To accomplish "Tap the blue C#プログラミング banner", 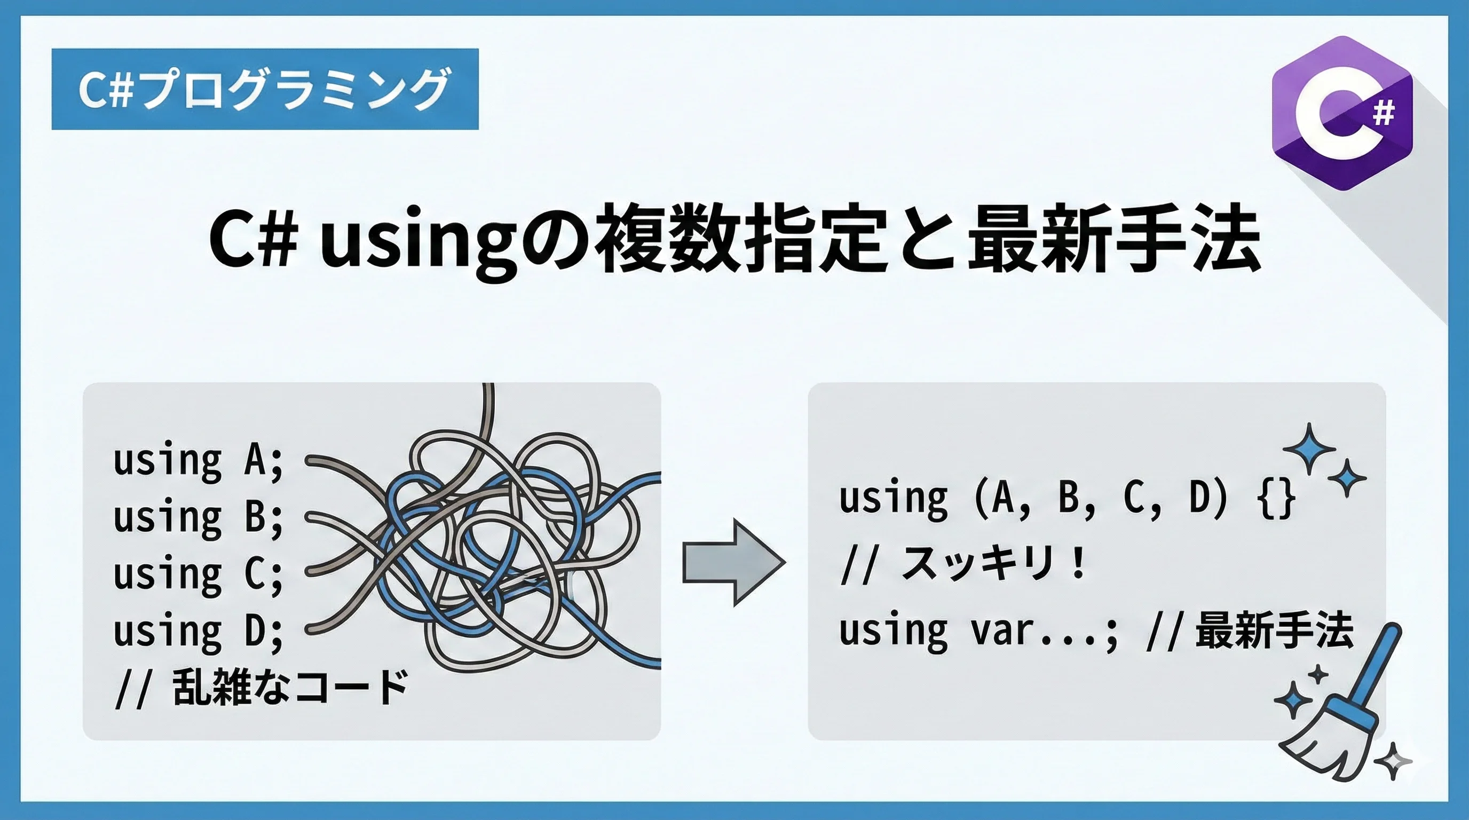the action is tap(265, 89).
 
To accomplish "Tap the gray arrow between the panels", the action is tap(734, 562).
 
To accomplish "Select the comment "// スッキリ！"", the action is tap(963, 563).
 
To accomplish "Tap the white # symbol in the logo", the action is tap(1384, 112).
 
